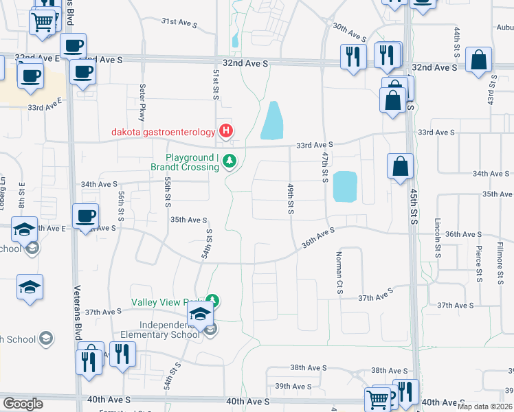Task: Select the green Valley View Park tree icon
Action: (x=214, y=300)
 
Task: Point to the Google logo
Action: (x=23, y=404)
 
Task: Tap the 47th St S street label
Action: (x=324, y=168)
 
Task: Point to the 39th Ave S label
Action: (x=293, y=387)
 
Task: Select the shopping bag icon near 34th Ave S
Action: (x=400, y=166)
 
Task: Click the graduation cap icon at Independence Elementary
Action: (x=200, y=315)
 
